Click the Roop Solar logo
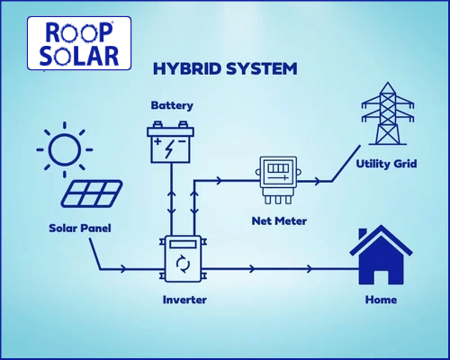pyautogui.click(x=79, y=43)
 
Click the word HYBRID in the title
pyautogui.click(x=187, y=68)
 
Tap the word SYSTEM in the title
pyautogui.click(x=262, y=68)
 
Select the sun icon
pyautogui.click(x=65, y=149)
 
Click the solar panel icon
pyautogui.click(x=92, y=193)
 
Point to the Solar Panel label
pyautogui.click(x=80, y=229)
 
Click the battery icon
pyautogui.click(x=170, y=141)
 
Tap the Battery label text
pyautogui.click(x=172, y=105)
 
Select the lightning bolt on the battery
pyautogui.click(x=169, y=148)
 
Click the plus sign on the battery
pyautogui.click(x=157, y=141)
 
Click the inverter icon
pyautogui.click(x=183, y=258)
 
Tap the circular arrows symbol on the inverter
pyautogui.click(x=183, y=264)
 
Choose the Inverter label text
pyautogui.click(x=184, y=300)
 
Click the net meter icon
pyautogui.click(x=278, y=180)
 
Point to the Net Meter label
pyautogui.click(x=279, y=221)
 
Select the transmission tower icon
pyautogui.click(x=388, y=113)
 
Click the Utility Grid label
pyautogui.click(x=386, y=164)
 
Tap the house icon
pyautogui.click(x=381, y=255)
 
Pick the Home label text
pyautogui.click(x=381, y=300)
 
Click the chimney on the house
pyautogui.click(x=363, y=234)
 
